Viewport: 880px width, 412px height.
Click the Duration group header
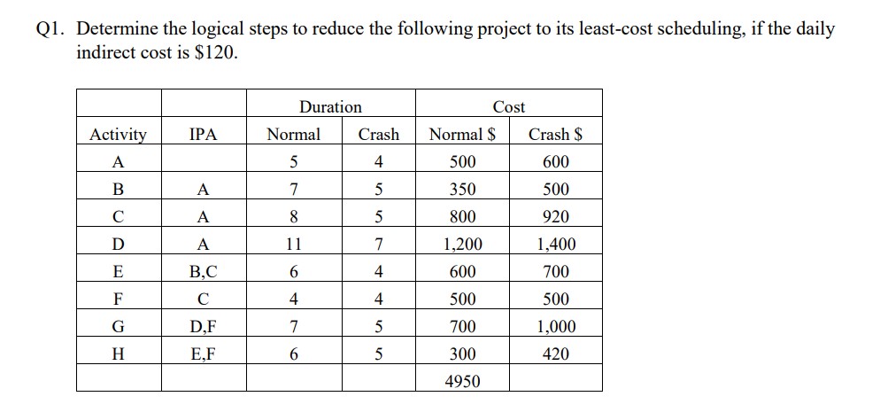click(x=330, y=107)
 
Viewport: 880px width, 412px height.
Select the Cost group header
click(x=508, y=107)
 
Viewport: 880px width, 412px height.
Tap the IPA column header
click(x=203, y=135)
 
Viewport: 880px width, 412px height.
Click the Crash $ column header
click(x=555, y=135)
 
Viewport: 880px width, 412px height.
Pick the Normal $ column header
click(x=462, y=135)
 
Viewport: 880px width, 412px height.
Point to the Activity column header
click(x=119, y=135)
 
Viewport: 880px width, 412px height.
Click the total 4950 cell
click(x=462, y=381)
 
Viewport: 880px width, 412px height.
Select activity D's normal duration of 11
click(x=294, y=245)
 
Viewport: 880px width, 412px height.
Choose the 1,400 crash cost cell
click(x=555, y=245)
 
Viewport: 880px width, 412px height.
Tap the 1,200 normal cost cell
click(x=462, y=245)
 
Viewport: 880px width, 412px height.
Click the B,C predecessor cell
click(x=203, y=272)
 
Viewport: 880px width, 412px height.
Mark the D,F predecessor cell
click(x=203, y=327)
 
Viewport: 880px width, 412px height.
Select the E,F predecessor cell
click(x=203, y=354)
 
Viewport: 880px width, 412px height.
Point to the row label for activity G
click(x=119, y=327)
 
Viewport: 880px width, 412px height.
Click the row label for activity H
click(x=119, y=354)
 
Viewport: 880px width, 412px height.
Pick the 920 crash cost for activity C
click(x=555, y=217)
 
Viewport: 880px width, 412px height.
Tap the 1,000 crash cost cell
click(x=555, y=327)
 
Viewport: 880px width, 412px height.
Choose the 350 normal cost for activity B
click(x=462, y=190)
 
